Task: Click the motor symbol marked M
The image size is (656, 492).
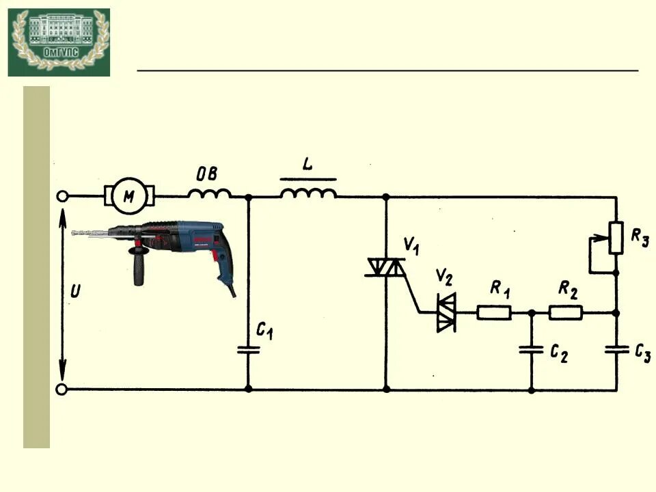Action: click(x=129, y=196)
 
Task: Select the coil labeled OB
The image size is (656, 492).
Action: click(x=208, y=194)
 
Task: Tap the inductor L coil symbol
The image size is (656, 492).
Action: click(x=308, y=193)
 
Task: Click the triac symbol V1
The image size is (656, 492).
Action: click(x=386, y=267)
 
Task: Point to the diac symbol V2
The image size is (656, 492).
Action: click(x=446, y=313)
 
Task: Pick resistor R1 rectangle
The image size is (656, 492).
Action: click(x=493, y=313)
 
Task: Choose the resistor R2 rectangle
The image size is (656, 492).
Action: click(x=566, y=313)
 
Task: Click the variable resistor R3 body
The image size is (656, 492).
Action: click(x=616, y=237)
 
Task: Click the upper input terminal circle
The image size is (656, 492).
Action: click(x=61, y=197)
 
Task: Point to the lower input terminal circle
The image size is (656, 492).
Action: click(x=61, y=389)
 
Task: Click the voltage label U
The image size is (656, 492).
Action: click(x=75, y=292)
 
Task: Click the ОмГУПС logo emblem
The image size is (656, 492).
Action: click(x=59, y=42)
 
